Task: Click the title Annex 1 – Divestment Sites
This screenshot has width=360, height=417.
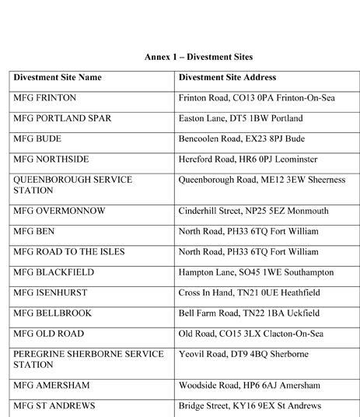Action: click(x=198, y=57)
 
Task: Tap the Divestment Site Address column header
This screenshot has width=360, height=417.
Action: click(x=227, y=78)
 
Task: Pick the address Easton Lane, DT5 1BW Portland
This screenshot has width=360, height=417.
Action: click(x=240, y=119)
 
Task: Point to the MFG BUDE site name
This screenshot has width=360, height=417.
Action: click(x=39, y=139)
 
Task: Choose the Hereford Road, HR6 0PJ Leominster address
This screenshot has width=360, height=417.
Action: click(x=247, y=159)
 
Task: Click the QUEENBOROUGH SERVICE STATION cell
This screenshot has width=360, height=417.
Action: click(x=72, y=184)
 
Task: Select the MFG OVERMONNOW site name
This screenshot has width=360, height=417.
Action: click(x=60, y=211)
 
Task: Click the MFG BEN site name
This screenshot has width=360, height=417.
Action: click(x=36, y=231)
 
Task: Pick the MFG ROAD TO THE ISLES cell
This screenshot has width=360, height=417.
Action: click(x=68, y=252)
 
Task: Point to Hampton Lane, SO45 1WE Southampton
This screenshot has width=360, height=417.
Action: click(x=256, y=272)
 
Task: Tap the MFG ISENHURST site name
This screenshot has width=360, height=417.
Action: click(x=51, y=293)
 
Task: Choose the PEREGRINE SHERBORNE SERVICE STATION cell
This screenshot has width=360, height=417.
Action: click(x=88, y=359)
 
